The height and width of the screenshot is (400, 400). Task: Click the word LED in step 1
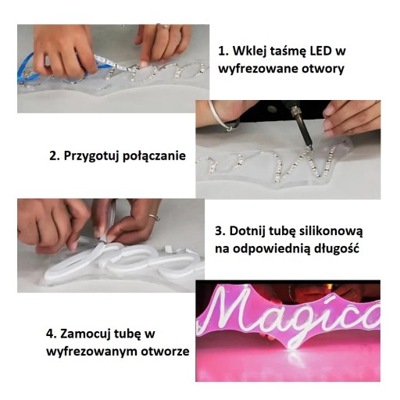point(318,51)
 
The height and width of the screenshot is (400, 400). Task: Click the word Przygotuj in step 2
point(91,156)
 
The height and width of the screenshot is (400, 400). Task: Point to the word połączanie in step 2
point(154,156)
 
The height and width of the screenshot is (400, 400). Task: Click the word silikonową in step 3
point(330,231)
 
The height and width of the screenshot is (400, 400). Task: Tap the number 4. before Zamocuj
point(52,334)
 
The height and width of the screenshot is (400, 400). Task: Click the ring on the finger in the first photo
point(163,27)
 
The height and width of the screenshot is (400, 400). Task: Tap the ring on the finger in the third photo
point(155,216)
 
